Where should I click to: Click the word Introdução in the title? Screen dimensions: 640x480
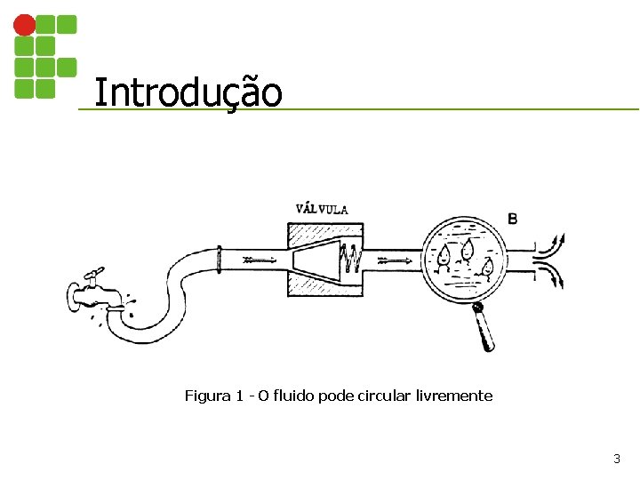(x=188, y=92)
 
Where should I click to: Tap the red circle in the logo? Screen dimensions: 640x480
(x=25, y=24)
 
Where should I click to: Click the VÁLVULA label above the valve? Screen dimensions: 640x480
(x=322, y=209)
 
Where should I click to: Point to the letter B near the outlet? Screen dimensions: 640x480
(x=512, y=218)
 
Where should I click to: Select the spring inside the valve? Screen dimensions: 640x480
(x=352, y=260)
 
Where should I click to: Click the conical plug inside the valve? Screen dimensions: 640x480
(x=316, y=260)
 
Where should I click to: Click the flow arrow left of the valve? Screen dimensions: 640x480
(x=259, y=260)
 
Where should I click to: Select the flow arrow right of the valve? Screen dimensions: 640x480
(x=394, y=260)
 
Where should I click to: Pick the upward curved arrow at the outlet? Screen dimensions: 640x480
(x=550, y=242)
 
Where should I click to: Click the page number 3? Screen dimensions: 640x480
(x=617, y=460)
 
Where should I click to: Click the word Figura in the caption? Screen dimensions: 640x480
(x=205, y=396)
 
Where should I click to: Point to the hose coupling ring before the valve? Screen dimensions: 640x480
(x=219, y=260)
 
